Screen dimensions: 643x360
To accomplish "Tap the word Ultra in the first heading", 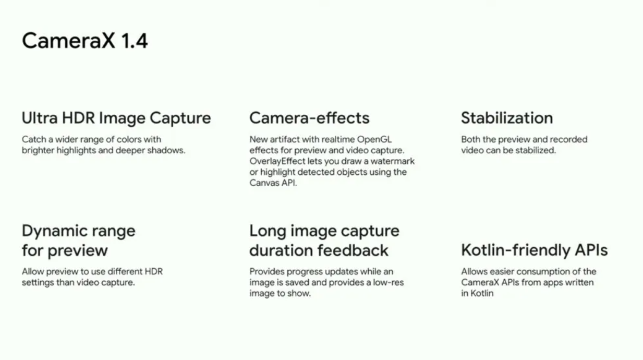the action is tap(40, 118).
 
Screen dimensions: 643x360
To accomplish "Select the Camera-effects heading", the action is tap(309, 118).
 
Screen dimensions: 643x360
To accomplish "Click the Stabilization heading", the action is tap(507, 118).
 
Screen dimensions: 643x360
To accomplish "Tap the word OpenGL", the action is tap(374, 139).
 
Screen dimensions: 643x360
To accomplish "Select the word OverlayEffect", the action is tap(277, 161).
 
